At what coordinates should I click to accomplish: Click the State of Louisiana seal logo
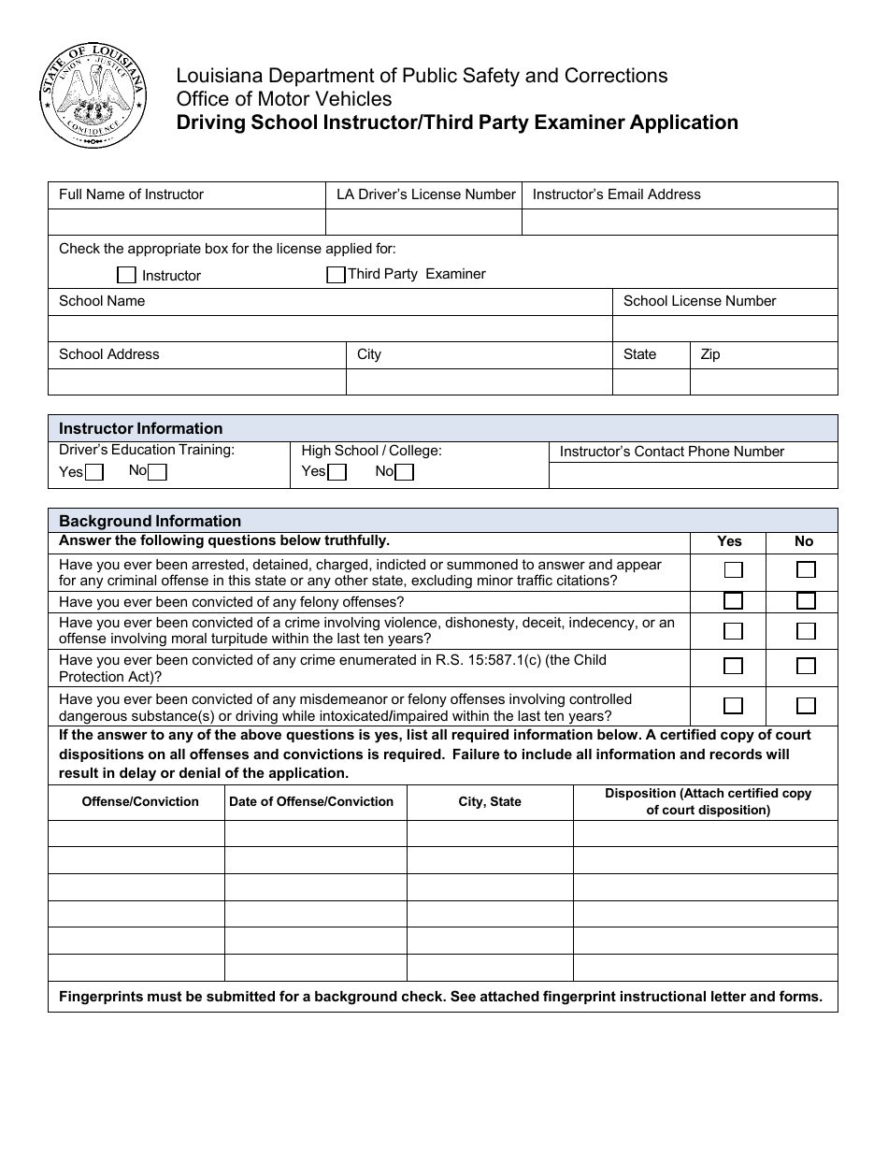point(93,94)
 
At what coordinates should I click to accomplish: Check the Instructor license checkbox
point(126,275)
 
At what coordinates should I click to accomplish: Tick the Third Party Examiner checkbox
point(336,275)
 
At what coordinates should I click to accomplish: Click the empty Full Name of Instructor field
point(186,222)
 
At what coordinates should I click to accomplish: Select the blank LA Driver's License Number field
point(423,222)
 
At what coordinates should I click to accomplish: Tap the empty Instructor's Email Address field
point(680,222)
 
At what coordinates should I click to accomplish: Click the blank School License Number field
point(724,328)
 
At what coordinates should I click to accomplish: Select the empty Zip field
point(764,381)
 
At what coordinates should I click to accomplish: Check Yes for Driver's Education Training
point(93,472)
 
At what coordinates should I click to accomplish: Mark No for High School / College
point(404,472)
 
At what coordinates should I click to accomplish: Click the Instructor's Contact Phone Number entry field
point(693,475)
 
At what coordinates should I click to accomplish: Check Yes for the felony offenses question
point(734,601)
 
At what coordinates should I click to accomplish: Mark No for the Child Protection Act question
point(806,667)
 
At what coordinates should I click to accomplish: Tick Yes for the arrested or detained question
point(734,570)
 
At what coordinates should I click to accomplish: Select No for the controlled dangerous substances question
point(806,706)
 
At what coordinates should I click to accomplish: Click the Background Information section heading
point(150,521)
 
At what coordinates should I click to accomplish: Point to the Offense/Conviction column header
point(140,801)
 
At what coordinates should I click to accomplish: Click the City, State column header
point(490,801)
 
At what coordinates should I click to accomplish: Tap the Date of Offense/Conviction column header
point(311,801)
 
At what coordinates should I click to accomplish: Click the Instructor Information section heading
point(141,428)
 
